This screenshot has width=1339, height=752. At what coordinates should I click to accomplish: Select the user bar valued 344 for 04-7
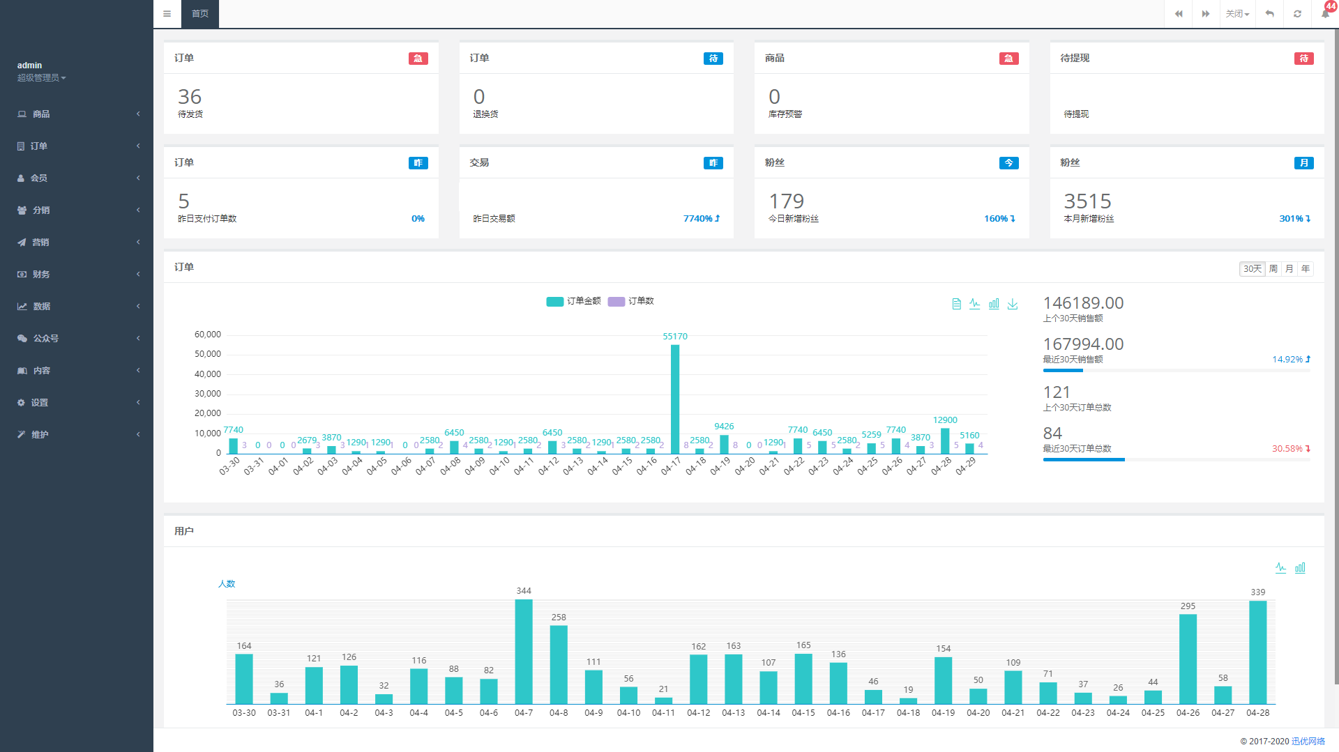[524, 651]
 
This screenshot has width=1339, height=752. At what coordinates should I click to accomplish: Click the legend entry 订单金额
[574, 301]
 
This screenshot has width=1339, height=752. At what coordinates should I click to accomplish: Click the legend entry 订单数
[631, 301]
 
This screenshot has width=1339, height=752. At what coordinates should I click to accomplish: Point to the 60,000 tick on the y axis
[208, 335]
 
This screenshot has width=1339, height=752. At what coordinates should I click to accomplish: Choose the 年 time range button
[1306, 269]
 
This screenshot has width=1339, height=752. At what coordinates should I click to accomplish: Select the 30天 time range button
[1252, 269]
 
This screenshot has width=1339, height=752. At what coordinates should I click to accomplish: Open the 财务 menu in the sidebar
[41, 275]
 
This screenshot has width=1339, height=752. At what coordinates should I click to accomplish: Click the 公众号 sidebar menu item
[45, 339]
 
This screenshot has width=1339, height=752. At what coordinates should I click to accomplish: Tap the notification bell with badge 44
[1325, 13]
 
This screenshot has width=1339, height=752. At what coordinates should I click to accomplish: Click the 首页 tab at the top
[200, 14]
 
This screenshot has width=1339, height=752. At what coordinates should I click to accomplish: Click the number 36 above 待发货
[190, 97]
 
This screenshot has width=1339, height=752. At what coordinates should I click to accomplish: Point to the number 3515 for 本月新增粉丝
[1087, 201]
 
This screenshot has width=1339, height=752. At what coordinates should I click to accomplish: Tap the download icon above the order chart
[1013, 304]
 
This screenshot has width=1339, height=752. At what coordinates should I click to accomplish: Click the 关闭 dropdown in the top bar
[1237, 14]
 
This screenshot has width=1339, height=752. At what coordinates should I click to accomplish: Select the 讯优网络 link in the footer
[1308, 741]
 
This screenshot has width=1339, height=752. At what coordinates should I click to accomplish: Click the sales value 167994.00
[1083, 344]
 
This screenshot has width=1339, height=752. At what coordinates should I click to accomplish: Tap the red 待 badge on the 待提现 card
[1303, 59]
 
